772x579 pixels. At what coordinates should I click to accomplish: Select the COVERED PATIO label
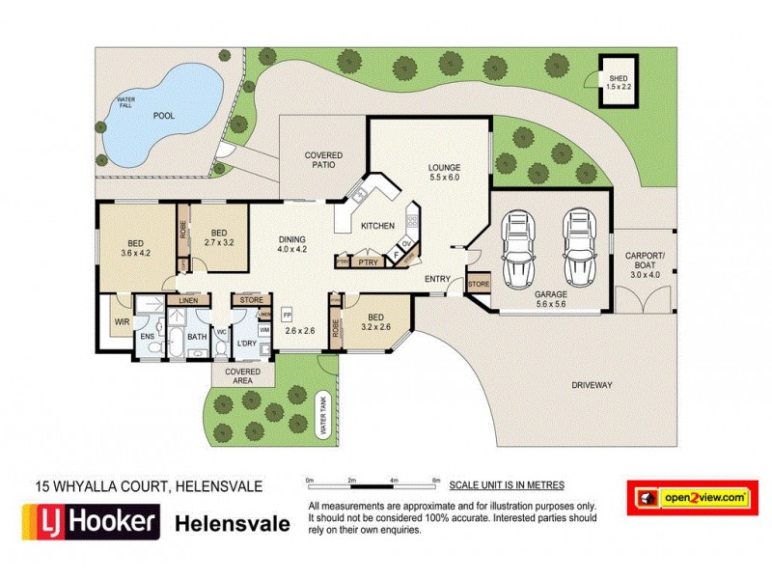pyautogui.click(x=323, y=160)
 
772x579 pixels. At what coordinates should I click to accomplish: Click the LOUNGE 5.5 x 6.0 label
pyautogui.click(x=445, y=172)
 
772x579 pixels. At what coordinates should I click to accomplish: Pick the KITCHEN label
pyautogui.click(x=377, y=225)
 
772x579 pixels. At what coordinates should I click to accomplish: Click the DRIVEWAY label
pyautogui.click(x=592, y=385)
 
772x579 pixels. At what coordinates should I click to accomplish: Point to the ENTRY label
pyautogui.click(x=438, y=280)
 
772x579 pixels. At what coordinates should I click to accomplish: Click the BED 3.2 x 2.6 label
pyautogui.click(x=375, y=320)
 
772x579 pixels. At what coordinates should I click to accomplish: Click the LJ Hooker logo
pyautogui.click(x=90, y=523)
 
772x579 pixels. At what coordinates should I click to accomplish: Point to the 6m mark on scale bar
pyautogui.click(x=437, y=480)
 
